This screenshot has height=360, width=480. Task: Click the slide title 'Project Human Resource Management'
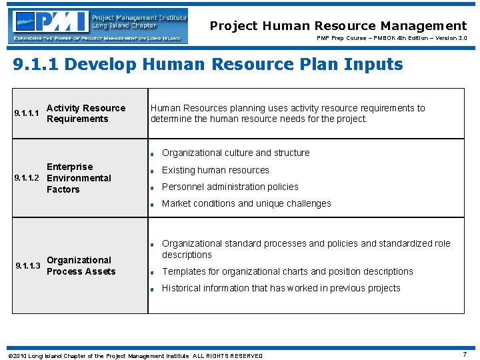pos(338,26)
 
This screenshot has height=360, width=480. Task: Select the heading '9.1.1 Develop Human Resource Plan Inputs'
pos(208,64)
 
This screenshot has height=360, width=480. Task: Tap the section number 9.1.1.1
pos(28,113)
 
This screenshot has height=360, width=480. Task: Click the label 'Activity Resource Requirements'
pos(85,113)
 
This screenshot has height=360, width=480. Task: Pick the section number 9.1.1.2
pos(28,178)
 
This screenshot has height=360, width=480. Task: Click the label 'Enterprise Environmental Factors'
pos(78,178)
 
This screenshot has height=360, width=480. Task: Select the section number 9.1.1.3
pos(28,266)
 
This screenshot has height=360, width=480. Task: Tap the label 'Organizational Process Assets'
pos(81,266)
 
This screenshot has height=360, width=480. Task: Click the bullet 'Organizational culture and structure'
pos(235,153)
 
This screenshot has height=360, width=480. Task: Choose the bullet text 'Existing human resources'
pos(215,170)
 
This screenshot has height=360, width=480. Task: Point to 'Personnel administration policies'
pos(230,187)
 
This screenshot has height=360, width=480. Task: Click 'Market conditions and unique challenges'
pos(246,203)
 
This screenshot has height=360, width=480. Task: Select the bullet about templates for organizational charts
pos(287,271)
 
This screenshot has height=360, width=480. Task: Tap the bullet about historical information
pos(281,288)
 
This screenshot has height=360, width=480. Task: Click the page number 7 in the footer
pos(464,355)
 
